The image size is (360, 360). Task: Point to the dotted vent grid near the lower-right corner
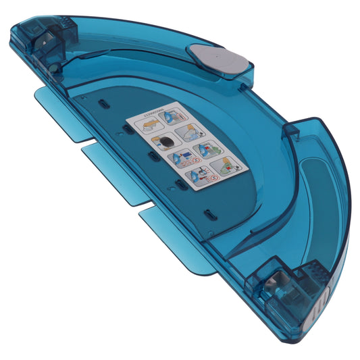pos(315,274)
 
